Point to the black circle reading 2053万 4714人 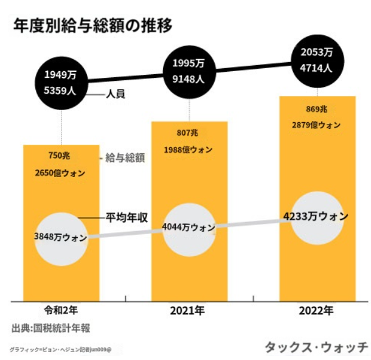tap(316, 61)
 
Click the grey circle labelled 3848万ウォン tap(61, 236)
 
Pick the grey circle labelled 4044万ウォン tap(189, 228)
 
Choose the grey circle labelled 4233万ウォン tap(316, 216)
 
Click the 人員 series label tap(116, 95)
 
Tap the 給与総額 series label tap(125, 158)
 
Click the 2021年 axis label tap(187, 311)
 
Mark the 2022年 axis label tap(316, 311)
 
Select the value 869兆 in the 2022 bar tap(316, 109)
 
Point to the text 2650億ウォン tap(60, 173)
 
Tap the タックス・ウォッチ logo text tap(316, 347)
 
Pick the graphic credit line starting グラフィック tap(66, 350)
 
